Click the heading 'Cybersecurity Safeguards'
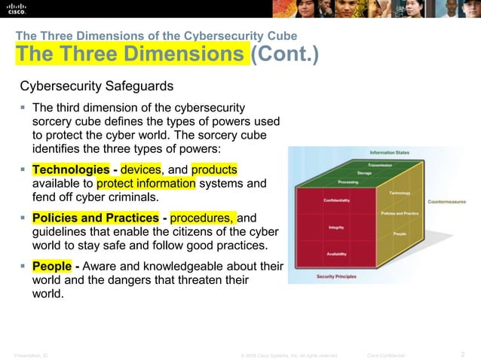97,87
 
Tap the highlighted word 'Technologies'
71,169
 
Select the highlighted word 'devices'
140,169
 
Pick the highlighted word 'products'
219,169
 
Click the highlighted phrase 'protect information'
146,184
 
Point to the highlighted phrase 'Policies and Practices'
95,218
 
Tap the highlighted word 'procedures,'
203,218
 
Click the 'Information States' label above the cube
390,152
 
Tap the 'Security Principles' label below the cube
337,277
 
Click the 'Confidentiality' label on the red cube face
336,200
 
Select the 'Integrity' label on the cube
336,227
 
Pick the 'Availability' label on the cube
336,254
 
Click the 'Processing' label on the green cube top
348,182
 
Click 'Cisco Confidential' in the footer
386,354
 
